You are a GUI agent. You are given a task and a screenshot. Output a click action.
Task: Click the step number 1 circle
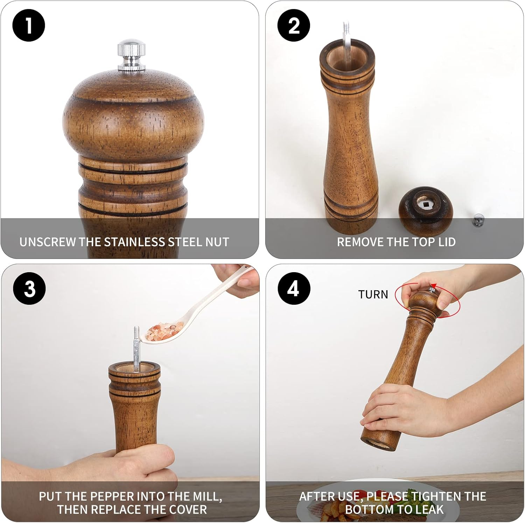(x=29, y=26)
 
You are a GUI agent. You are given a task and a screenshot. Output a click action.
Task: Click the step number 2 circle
(x=294, y=26)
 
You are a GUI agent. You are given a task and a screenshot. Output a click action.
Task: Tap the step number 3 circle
(x=29, y=289)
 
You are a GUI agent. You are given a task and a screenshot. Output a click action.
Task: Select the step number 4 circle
(x=294, y=289)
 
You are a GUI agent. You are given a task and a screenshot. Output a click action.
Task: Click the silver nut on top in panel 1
(x=131, y=56)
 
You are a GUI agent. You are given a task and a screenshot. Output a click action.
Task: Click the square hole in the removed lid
(x=426, y=204)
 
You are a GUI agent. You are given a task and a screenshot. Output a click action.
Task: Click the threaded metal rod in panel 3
(x=136, y=346)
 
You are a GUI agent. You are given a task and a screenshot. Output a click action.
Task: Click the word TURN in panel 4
(x=373, y=295)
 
